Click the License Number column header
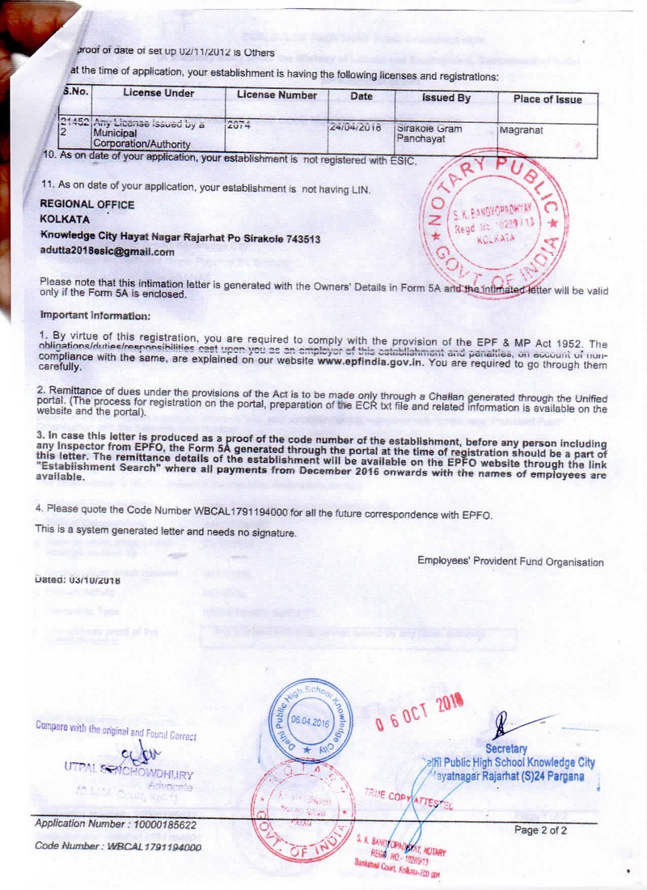(x=277, y=95)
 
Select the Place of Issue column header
(x=548, y=99)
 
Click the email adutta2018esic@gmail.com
(x=108, y=252)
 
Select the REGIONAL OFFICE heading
(x=87, y=205)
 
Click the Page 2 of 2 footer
(x=540, y=830)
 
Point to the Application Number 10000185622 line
(x=116, y=824)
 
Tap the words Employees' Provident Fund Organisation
(x=510, y=562)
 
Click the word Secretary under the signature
(x=506, y=749)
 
